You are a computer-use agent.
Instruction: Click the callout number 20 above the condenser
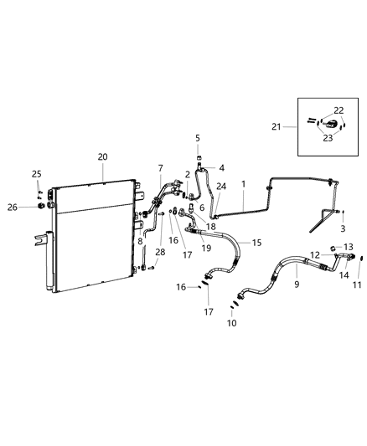(x=102, y=156)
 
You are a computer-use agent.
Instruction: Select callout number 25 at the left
(x=36, y=173)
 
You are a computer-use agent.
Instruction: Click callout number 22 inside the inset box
(x=338, y=110)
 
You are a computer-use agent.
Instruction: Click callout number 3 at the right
(x=342, y=228)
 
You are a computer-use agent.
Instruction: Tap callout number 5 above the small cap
(x=199, y=138)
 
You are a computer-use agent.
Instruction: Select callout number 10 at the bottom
(x=232, y=322)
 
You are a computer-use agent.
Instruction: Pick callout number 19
(x=206, y=249)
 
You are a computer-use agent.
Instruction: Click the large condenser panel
(x=92, y=238)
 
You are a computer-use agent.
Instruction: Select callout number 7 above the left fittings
(x=161, y=168)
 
